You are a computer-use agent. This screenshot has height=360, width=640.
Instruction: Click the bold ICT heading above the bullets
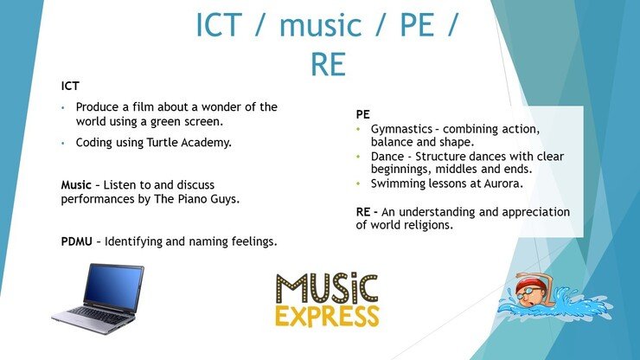click(x=70, y=87)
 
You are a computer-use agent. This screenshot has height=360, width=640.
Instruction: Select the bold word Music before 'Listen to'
click(x=76, y=185)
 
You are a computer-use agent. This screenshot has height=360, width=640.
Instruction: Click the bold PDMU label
click(x=76, y=241)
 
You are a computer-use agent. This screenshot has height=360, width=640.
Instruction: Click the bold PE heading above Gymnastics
click(x=363, y=114)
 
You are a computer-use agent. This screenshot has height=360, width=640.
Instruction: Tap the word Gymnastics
click(x=401, y=130)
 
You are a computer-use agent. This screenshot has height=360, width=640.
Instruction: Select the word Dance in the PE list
click(x=387, y=157)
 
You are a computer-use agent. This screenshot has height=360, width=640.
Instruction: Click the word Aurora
click(x=503, y=183)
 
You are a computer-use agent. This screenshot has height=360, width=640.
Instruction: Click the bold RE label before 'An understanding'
click(x=363, y=212)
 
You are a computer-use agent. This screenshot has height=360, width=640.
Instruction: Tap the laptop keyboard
click(x=98, y=316)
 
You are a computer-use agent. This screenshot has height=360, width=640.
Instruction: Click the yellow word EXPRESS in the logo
click(x=327, y=316)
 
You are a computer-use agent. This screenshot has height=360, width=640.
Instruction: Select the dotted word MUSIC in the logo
click(x=327, y=288)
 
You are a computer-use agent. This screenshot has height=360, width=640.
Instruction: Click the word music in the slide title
click(x=320, y=25)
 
